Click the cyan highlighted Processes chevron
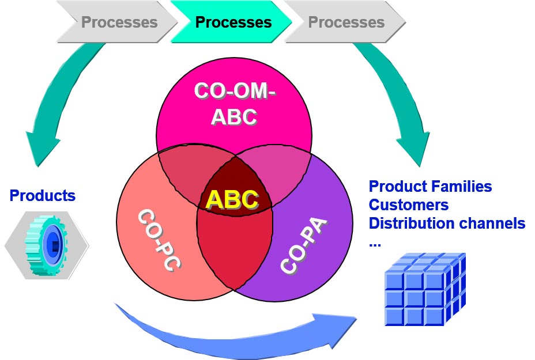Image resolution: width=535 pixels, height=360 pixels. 233,22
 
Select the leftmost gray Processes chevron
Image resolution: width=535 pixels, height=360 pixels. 119,22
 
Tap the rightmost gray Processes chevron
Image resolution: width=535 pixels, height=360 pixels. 346,22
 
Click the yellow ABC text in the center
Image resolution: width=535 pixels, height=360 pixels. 232,199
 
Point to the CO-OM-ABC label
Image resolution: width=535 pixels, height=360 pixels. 234,103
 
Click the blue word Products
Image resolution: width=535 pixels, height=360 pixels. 42,196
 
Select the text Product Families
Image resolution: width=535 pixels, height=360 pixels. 430,187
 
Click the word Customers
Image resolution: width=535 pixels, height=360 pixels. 409,205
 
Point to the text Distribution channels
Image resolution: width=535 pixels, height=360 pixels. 447,223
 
